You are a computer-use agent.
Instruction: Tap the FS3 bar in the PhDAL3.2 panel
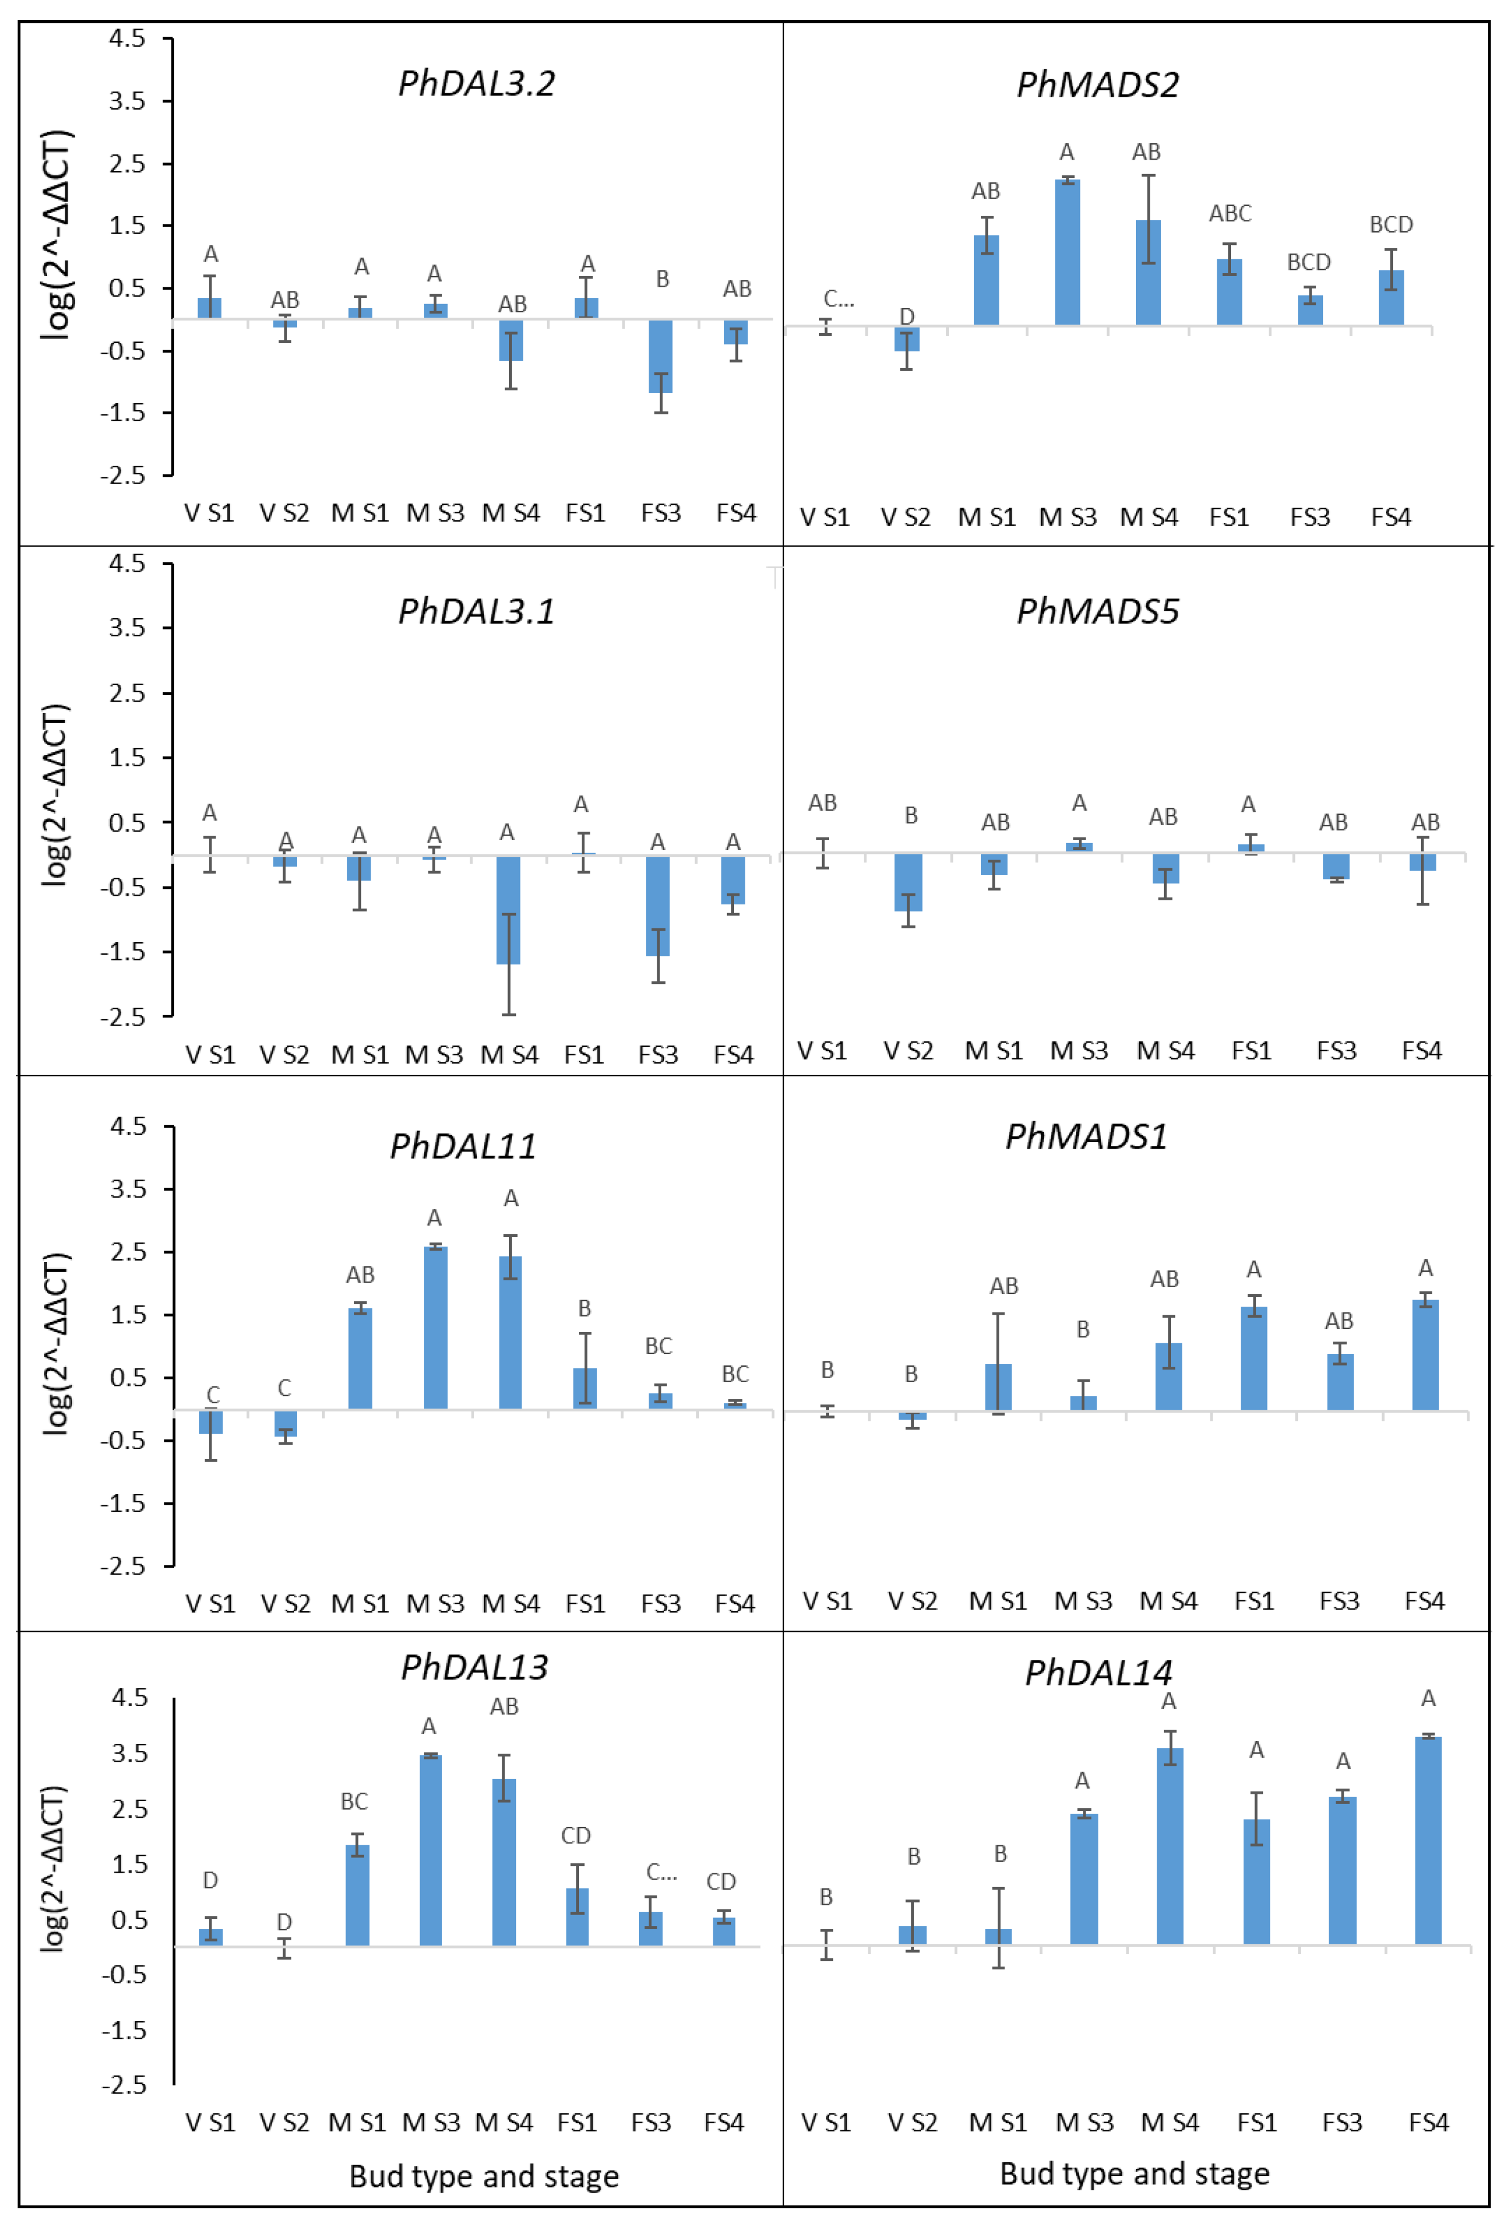click(x=660, y=356)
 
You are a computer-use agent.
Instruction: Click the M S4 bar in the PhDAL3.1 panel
click(x=508, y=909)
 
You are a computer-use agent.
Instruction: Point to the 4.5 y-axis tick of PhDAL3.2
click(x=127, y=38)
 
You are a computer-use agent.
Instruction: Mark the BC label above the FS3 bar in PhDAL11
click(x=658, y=1346)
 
